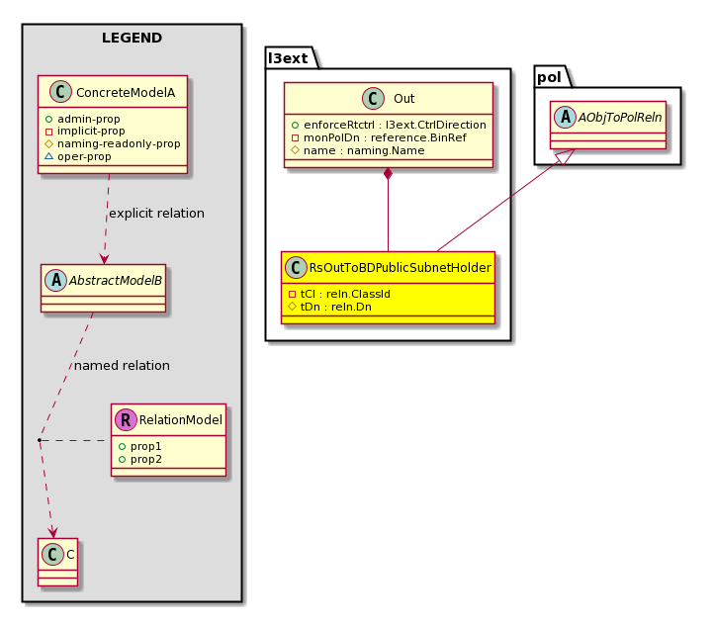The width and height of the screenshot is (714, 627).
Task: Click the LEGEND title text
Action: click(132, 38)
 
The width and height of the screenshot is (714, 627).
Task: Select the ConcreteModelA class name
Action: click(126, 92)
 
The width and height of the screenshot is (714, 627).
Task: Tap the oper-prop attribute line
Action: click(78, 156)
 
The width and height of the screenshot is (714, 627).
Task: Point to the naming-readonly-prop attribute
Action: click(113, 143)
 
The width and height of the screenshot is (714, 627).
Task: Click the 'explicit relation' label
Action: click(156, 213)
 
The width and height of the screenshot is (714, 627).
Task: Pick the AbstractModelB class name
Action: click(115, 281)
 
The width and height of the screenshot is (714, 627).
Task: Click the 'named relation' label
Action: click(122, 365)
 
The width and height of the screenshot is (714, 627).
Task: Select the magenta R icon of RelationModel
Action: click(126, 420)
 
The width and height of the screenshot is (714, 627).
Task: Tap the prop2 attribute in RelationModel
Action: click(140, 460)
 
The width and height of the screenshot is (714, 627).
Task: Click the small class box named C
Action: click(57, 563)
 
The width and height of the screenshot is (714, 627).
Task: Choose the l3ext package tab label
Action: click(288, 58)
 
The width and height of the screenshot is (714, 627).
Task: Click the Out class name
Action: click(403, 99)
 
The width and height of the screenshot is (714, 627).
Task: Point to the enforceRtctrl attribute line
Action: click(389, 125)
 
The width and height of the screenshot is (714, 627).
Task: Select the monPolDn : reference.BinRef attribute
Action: click(379, 137)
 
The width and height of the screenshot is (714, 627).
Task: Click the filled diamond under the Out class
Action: click(388, 173)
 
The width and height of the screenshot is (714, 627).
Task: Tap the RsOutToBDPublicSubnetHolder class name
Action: click(400, 268)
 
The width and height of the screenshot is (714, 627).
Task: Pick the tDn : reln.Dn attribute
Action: click(330, 307)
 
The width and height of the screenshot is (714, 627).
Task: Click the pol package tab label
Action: click(549, 77)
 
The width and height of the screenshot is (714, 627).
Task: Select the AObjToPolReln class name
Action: click(620, 118)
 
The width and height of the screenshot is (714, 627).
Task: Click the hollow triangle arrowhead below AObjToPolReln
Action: click(565, 157)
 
